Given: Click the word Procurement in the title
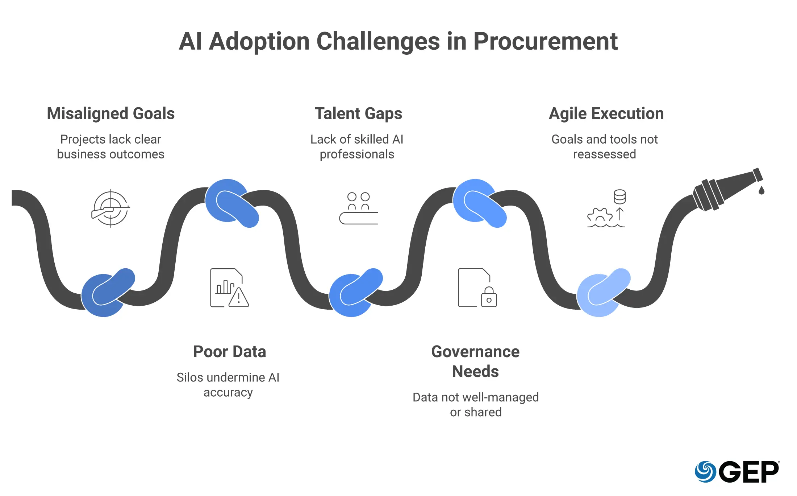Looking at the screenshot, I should click(545, 41).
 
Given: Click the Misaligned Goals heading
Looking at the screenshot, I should click(110, 113).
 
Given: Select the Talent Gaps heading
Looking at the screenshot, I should click(358, 113).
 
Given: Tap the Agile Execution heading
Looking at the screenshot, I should click(606, 113).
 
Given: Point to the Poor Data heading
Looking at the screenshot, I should click(229, 352).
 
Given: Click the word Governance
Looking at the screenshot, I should click(475, 352).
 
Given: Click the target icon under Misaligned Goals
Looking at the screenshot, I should click(110, 208).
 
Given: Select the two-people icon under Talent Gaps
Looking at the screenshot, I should click(358, 208).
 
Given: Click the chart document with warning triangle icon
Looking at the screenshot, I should click(229, 288).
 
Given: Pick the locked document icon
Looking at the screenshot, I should click(477, 288).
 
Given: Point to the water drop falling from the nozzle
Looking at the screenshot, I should click(761, 190).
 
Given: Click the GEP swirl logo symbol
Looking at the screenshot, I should click(705, 471).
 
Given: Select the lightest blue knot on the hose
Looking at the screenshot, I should click(603, 292).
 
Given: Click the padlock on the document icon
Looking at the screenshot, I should click(489, 297).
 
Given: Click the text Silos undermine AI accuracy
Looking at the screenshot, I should click(228, 385).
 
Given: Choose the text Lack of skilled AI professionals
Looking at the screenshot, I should click(357, 146).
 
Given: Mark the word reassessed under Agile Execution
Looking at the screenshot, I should click(604, 154).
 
